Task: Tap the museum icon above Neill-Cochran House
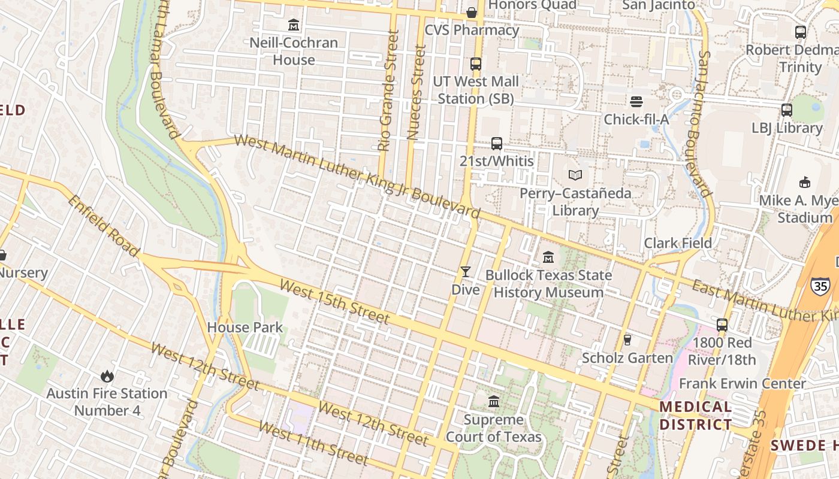click(x=294, y=25)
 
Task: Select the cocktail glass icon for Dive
click(x=465, y=272)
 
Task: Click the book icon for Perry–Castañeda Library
click(x=575, y=175)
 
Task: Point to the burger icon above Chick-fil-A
click(x=636, y=102)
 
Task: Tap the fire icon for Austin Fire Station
click(x=107, y=376)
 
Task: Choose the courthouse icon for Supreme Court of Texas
click(x=494, y=401)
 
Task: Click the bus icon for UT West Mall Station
click(x=476, y=63)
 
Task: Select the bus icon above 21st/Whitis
click(x=497, y=143)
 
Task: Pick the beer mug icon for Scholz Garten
click(x=627, y=339)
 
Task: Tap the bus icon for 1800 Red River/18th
click(x=722, y=325)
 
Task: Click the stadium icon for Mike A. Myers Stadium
click(x=804, y=182)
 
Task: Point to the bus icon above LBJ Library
click(x=787, y=110)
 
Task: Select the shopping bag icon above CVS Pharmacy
click(x=472, y=12)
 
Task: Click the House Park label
click(x=245, y=328)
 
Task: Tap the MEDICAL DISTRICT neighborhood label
click(x=695, y=416)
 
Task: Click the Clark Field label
click(x=678, y=243)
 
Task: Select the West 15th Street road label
click(x=334, y=302)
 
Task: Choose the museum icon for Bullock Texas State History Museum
click(x=548, y=257)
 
